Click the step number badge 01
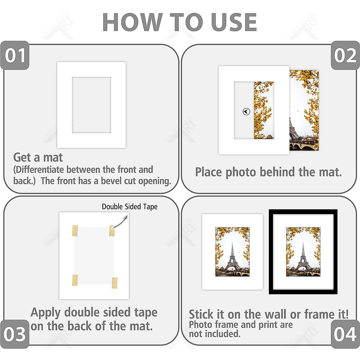pos(15,56)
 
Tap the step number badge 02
pos(345,56)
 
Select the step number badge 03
pos(15,334)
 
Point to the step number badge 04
pos(345,334)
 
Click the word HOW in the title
pos(131,22)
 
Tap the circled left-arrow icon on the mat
pos(246,112)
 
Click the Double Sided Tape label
pos(130,207)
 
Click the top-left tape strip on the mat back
pos(75,231)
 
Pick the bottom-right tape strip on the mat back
pos(115,283)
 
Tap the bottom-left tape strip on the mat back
pos(75,280)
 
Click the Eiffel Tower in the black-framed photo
pos(303,258)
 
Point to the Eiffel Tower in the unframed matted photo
pos(232,258)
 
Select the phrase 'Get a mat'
pos(38,157)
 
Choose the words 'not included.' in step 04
pos(215,334)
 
